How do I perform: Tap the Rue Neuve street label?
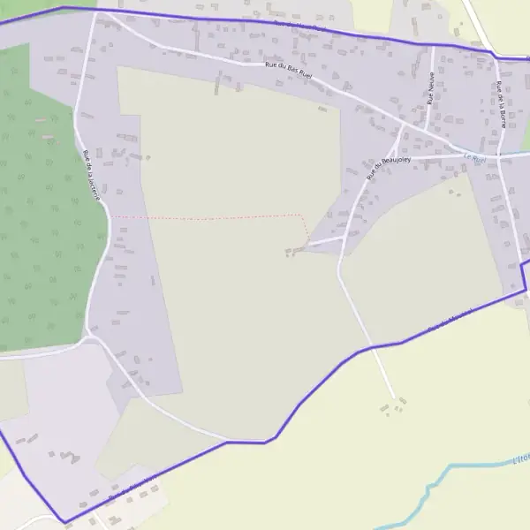point(431,88)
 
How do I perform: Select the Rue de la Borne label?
point(500,104)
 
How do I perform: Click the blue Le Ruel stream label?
point(474,159)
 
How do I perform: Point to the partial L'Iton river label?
point(521,459)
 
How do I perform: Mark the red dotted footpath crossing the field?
point(212,216)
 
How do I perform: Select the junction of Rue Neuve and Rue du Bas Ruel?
point(427,131)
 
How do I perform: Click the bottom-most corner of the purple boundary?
point(64,521)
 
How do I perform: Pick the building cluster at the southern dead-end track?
point(394,406)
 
